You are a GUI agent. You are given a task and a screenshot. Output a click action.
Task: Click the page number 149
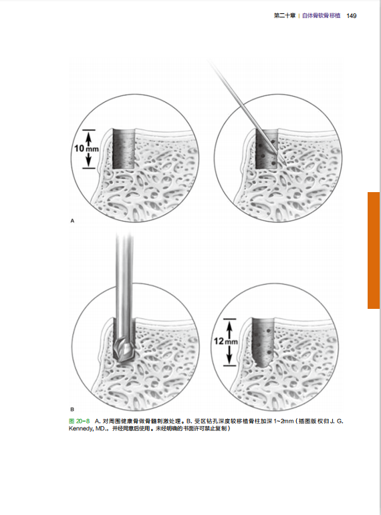point(352,16)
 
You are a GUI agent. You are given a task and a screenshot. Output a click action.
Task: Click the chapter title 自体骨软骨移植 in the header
point(321,16)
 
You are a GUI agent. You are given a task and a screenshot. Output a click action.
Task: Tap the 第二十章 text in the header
point(285,16)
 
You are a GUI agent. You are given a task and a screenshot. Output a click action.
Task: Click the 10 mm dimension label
point(86,149)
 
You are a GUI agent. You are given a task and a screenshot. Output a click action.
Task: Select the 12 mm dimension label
point(226,342)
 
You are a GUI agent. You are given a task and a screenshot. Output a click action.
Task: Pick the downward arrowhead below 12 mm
point(230,359)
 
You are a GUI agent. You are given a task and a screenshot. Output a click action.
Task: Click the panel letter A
point(72,221)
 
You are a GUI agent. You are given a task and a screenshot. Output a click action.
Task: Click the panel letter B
point(72,410)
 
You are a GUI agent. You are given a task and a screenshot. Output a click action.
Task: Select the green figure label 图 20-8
point(80,421)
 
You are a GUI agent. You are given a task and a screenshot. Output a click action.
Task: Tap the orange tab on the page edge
point(374,250)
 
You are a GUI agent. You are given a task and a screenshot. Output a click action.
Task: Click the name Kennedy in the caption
point(81,429)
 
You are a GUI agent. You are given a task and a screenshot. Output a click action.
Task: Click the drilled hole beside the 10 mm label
point(124,149)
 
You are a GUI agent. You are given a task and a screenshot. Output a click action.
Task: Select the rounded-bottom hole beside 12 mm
point(263,342)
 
